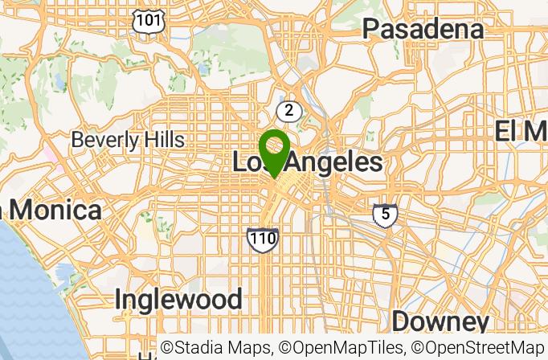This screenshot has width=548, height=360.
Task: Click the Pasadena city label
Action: click(x=423, y=30)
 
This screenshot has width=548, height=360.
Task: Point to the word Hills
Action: click(x=158, y=140)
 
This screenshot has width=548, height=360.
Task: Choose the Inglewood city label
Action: click(x=178, y=300)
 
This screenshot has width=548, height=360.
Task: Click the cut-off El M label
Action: click(x=521, y=131)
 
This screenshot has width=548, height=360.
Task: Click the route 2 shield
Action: click(x=288, y=111)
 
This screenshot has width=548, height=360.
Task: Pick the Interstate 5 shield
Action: click(x=385, y=215)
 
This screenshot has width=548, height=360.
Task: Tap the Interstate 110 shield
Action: click(x=263, y=238)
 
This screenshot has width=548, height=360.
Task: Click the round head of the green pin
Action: click(x=274, y=145)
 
